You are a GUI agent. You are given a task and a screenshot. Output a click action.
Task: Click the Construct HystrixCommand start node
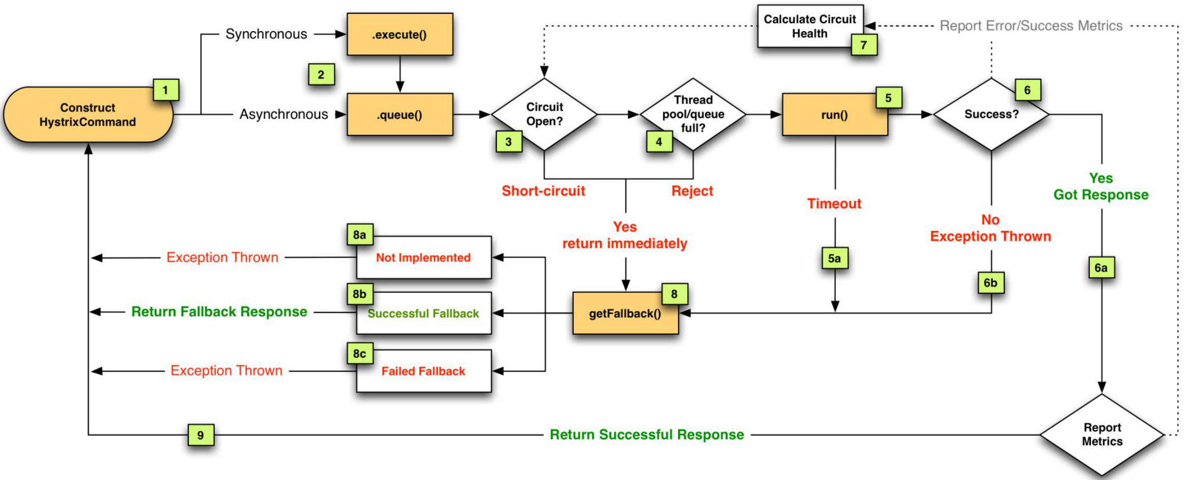click(88, 115)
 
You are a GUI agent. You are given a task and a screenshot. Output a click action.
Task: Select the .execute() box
click(400, 34)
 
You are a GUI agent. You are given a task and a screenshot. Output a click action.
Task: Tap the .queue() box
click(400, 115)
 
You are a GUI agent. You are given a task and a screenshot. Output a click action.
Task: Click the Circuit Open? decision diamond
click(544, 114)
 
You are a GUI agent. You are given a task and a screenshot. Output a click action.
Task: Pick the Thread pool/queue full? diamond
click(693, 114)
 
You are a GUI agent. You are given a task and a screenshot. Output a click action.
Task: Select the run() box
click(834, 115)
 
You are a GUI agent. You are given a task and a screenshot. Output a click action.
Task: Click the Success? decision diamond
click(991, 114)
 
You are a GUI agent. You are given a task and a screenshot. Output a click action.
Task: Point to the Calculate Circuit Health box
click(809, 26)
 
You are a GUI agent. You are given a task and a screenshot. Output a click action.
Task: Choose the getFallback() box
click(625, 313)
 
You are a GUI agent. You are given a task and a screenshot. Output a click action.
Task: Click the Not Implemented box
click(424, 258)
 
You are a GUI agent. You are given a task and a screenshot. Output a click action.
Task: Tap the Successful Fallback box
click(424, 313)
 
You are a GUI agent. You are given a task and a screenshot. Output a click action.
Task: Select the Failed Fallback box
click(424, 371)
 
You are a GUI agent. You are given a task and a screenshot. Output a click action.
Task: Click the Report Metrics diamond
click(1102, 435)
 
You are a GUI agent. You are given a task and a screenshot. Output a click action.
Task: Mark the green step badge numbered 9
click(201, 435)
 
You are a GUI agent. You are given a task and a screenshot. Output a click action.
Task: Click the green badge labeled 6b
click(991, 283)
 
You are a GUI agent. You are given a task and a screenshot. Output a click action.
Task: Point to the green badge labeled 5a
click(834, 258)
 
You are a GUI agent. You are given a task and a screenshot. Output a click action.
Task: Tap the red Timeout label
click(834, 204)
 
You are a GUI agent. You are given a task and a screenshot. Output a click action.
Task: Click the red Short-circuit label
click(543, 191)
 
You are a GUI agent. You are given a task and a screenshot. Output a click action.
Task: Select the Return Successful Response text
click(647, 435)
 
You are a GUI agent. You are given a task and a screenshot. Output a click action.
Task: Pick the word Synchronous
click(266, 34)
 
